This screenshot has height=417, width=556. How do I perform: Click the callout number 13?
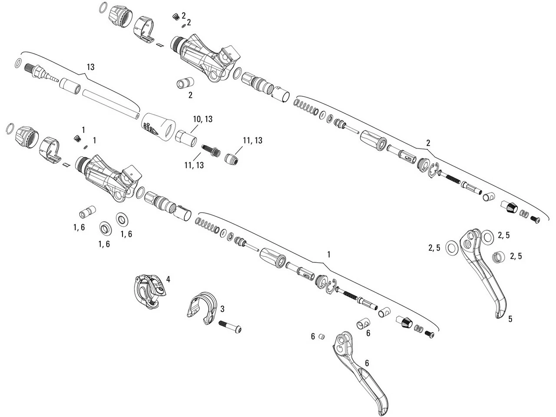point(90,67)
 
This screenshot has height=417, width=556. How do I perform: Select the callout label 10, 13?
point(202,119)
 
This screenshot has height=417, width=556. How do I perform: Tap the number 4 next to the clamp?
point(168,279)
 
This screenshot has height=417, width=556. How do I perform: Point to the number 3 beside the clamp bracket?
point(222,309)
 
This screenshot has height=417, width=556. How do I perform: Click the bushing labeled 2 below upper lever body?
point(184,83)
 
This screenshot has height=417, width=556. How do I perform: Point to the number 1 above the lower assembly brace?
point(329,254)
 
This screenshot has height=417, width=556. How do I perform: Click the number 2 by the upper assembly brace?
point(428,142)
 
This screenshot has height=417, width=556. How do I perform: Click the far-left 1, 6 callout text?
point(79,227)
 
